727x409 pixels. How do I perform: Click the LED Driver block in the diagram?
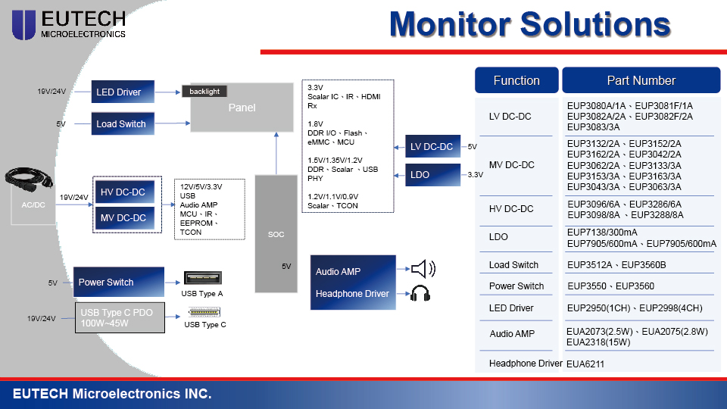click(x=122, y=92)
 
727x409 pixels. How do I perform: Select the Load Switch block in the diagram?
click(x=122, y=123)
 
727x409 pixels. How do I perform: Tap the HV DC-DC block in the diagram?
click(x=123, y=192)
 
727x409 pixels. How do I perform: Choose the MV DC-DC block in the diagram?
click(x=123, y=218)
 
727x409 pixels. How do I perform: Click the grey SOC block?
click(x=276, y=234)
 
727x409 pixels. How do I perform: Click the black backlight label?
click(x=204, y=92)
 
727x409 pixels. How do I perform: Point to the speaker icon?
click(x=423, y=269)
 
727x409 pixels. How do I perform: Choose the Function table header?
click(x=516, y=80)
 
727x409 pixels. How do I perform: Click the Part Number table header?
click(x=641, y=80)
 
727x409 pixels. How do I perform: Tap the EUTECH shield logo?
click(x=23, y=24)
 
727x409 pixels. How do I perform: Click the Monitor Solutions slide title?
click(x=529, y=24)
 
